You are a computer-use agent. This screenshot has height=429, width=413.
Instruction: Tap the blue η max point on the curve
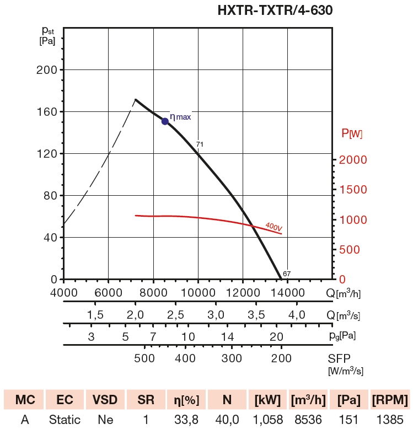click(165, 121)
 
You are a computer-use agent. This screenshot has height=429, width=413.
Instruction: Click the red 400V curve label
click(273, 226)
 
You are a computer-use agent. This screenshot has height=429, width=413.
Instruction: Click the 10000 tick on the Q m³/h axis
click(197, 292)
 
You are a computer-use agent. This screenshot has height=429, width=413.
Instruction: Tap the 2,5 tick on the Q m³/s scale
click(175, 315)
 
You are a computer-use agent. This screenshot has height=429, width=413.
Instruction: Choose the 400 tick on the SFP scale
click(185, 358)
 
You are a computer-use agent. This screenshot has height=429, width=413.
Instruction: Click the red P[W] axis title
click(352, 133)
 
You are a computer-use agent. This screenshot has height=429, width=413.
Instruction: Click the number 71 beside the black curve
click(200, 144)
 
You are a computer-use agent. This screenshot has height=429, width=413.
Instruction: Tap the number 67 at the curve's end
click(287, 274)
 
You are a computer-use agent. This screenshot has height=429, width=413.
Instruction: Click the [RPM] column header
click(390, 399)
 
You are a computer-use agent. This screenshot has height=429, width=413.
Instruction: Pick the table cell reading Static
click(65, 420)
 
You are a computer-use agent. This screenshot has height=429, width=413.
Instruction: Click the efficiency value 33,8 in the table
click(186, 420)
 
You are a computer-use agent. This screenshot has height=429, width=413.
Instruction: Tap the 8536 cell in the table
click(308, 420)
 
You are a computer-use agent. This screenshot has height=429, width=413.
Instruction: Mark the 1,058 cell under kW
click(267, 420)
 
